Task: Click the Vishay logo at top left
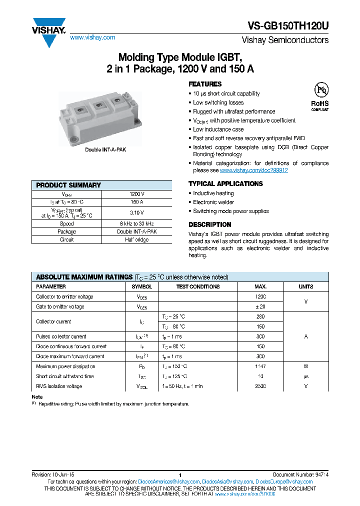(x=48, y=31)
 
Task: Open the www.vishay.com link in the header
(x=92, y=37)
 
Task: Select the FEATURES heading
(x=205, y=84)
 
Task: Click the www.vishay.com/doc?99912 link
(x=254, y=170)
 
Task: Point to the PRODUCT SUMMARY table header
(x=68, y=185)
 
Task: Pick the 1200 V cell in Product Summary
(x=136, y=194)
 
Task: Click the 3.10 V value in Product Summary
(x=136, y=212)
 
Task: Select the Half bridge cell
(x=136, y=239)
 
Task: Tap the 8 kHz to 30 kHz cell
(x=136, y=223)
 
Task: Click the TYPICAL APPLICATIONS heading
(x=225, y=183)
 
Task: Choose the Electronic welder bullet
(x=213, y=202)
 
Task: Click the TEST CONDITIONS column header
(x=198, y=286)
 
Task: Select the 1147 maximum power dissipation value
(x=260, y=366)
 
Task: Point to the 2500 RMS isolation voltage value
(x=260, y=386)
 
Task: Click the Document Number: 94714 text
(x=300, y=474)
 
